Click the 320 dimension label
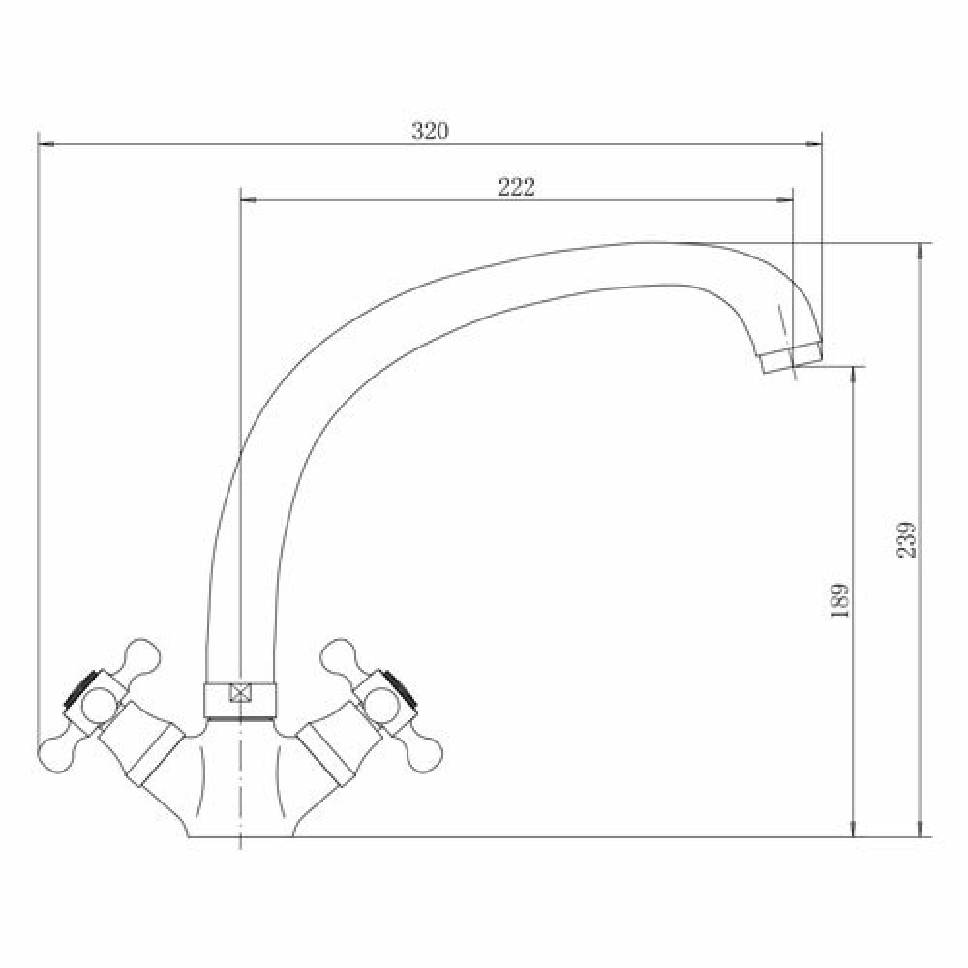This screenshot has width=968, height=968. point(431,131)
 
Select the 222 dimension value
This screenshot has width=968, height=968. point(517,187)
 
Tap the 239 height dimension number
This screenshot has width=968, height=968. point(906,539)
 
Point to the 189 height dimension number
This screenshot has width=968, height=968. point(840,600)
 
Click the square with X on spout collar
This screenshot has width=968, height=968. point(240,693)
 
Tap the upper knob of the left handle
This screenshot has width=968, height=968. point(142,656)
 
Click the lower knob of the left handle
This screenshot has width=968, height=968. point(57,754)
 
